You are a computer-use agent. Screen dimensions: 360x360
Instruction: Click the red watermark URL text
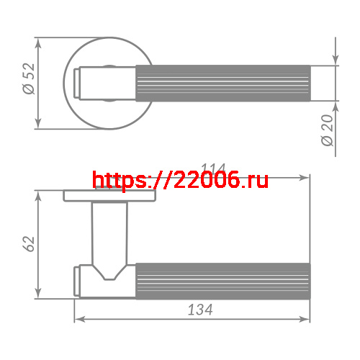181,179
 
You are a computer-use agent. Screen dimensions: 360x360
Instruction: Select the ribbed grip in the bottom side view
223,279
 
